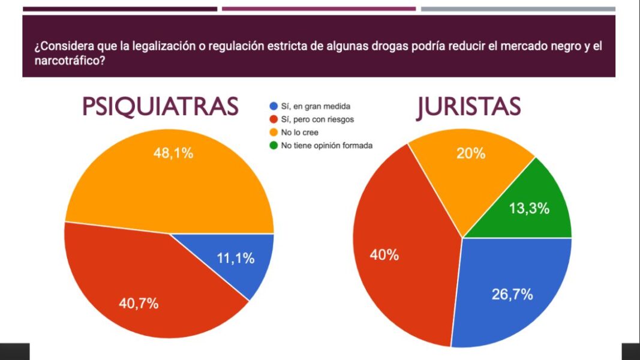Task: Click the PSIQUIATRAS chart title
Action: click(160, 107)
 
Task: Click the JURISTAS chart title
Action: click(468, 107)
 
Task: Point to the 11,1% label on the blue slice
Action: click(235, 259)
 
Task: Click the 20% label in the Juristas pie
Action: click(470, 154)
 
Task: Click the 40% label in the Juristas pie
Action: click(384, 255)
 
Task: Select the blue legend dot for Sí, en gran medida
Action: click(274, 107)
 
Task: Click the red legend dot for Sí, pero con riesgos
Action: click(274, 119)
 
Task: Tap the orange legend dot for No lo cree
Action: click(274, 132)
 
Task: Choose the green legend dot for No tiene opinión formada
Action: click(274, 145)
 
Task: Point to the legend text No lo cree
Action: click(300, 132)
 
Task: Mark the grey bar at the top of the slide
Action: click(518, 9)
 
